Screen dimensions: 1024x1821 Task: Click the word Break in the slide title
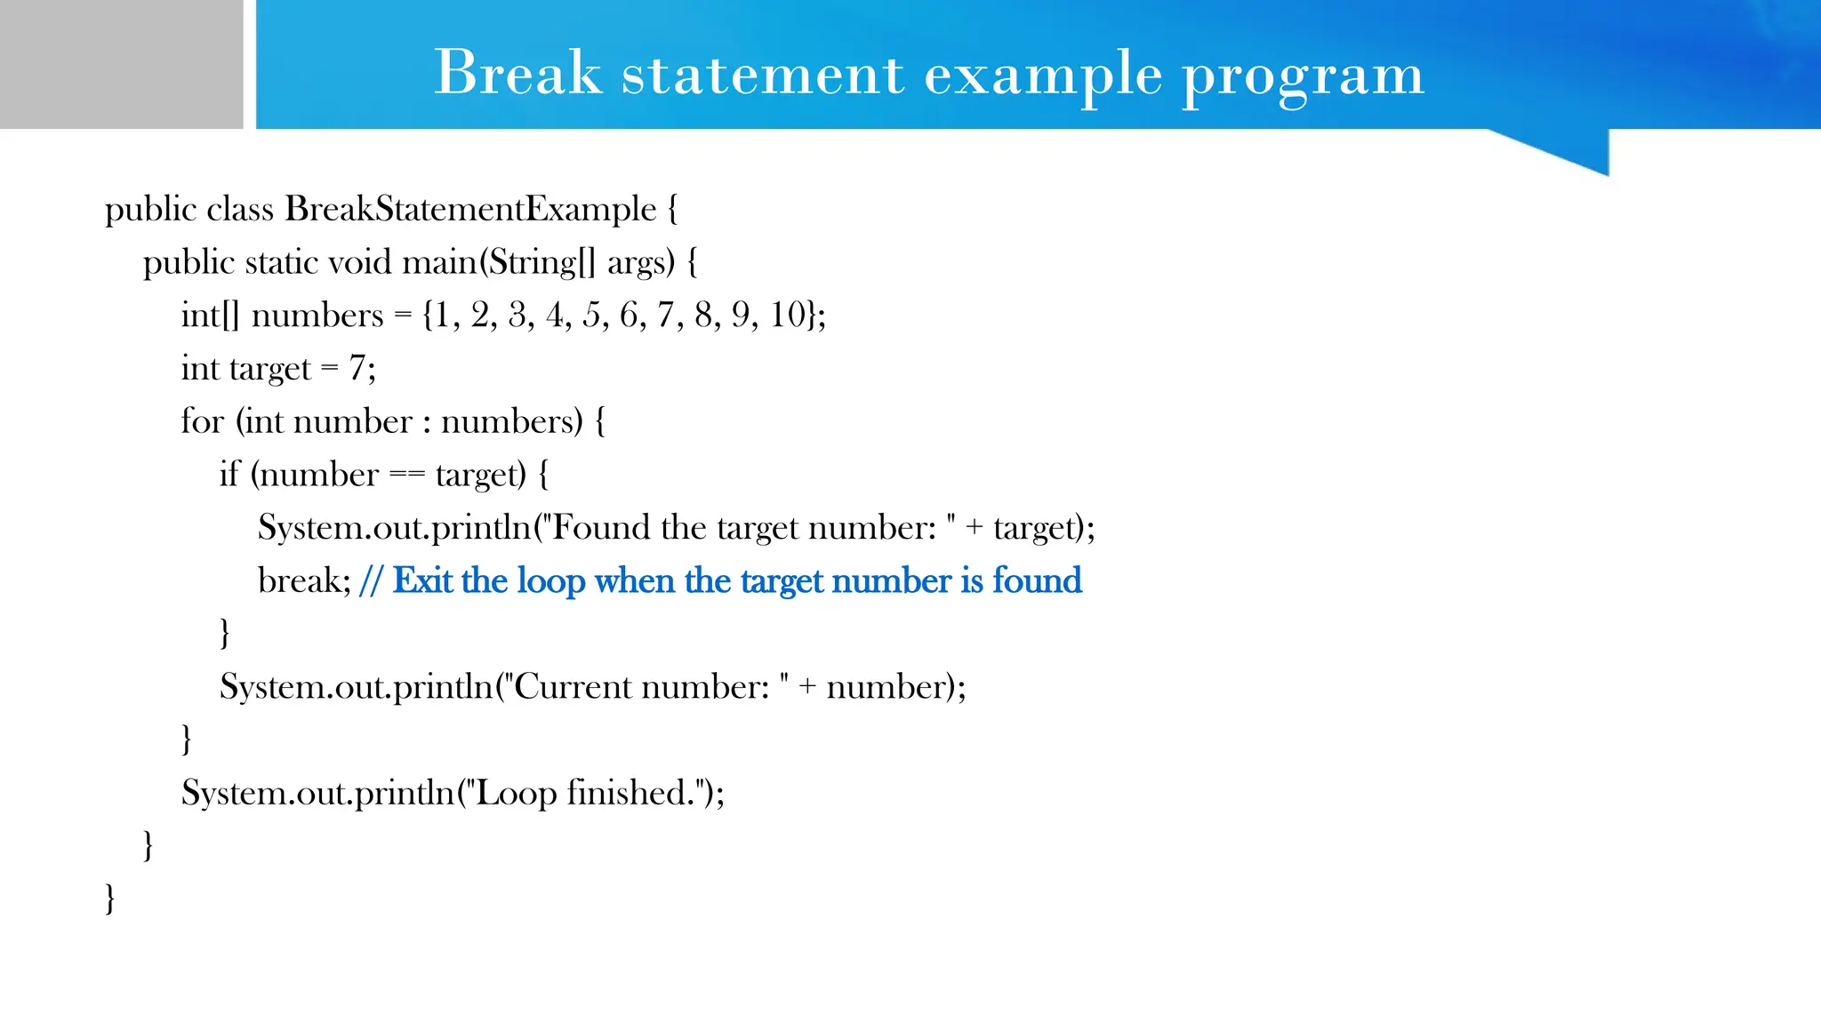[517, 73]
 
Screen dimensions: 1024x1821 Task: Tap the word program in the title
[1303, 76]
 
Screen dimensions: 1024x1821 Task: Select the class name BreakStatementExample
[470, 209]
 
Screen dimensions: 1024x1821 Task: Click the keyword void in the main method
[359, 262]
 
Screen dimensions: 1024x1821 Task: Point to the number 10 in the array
[788, 315]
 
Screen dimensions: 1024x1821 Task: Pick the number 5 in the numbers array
[591, 315]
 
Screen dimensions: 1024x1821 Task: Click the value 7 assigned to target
[357, 368]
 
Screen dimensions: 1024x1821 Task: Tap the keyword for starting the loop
[202, 421]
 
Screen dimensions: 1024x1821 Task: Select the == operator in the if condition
[407, 475]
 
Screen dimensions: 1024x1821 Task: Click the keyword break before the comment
[300, 580]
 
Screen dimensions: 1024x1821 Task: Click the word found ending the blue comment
[1037, 580]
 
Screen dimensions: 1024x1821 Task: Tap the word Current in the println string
[573, 687]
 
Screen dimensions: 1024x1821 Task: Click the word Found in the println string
[602, 527]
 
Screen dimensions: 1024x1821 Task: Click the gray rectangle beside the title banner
[121, 64]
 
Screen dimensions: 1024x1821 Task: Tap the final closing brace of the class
[110, 899]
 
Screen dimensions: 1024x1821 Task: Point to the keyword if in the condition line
[229, 475]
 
